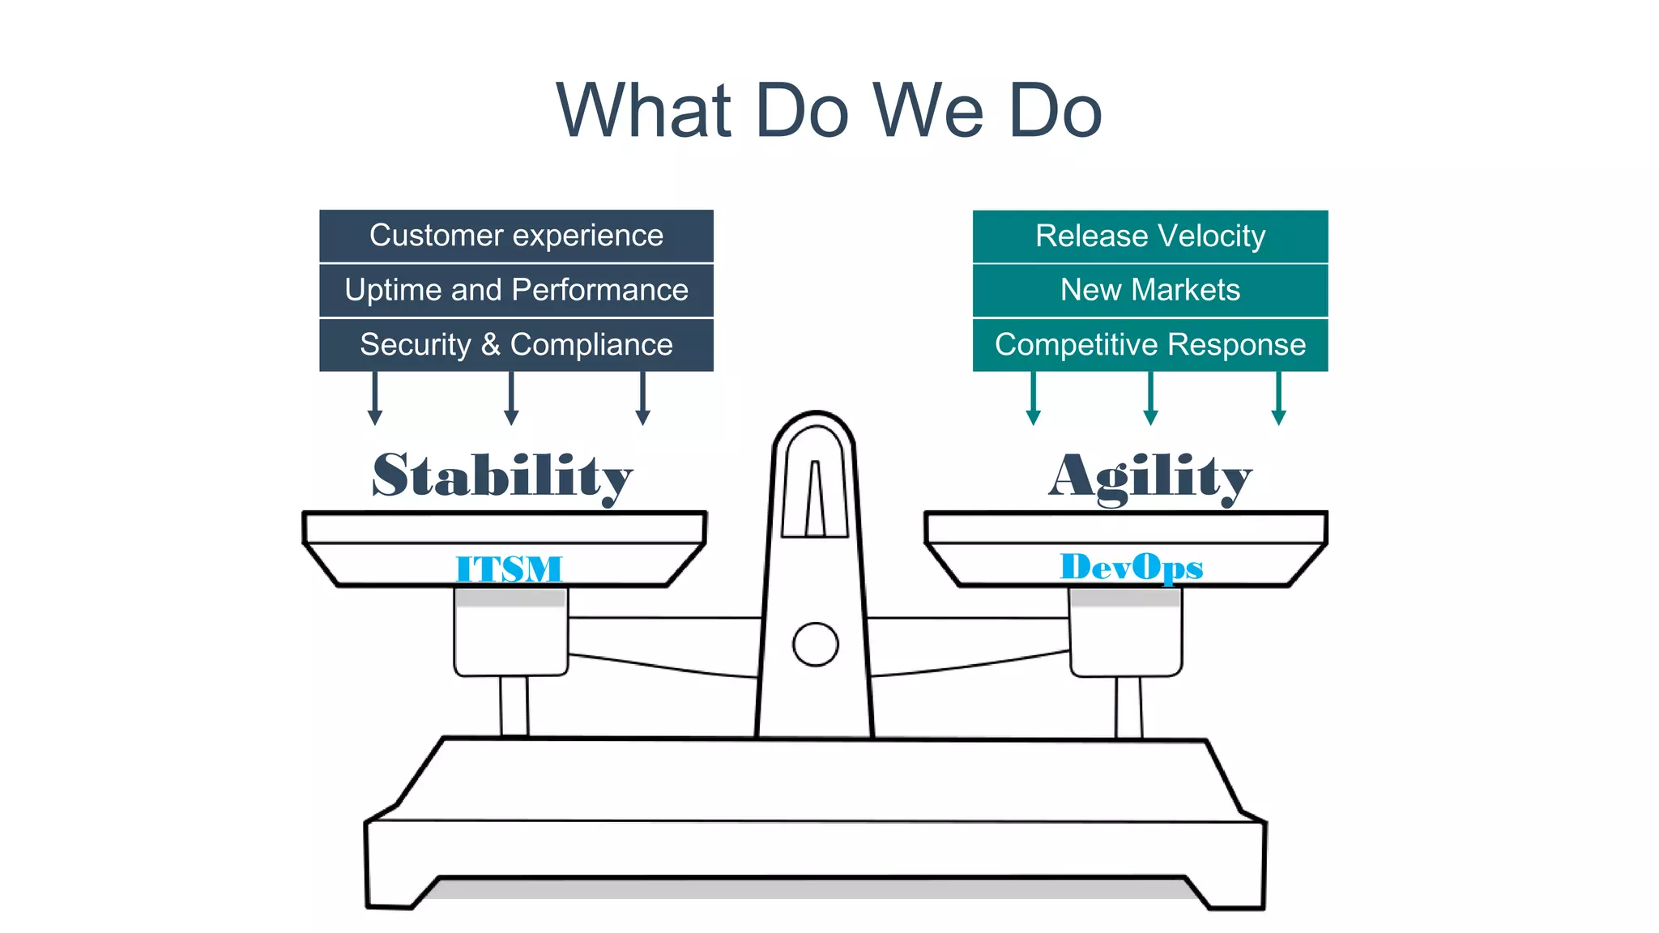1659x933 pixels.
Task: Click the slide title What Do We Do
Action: pyautogui.click(x=829, y=110)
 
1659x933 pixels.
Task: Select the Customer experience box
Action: pyautogui.click(x=516, y=236)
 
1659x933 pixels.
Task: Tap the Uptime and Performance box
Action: pyautogui.click(x=516, y=290)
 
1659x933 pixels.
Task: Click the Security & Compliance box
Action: pyautogui.click(x=516, y=345)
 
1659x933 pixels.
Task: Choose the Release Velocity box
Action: pyautogui.click(x=1149, y=236)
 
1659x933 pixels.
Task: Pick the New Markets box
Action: pyautogui.click(x=1149, y=290)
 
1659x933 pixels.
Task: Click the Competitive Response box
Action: pyautogui.click(x=1149, y=345)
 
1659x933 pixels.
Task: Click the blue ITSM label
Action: pyautogui.click(x=509, y=569)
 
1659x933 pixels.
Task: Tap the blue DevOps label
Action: pyautogui.click(x=1131, y=567)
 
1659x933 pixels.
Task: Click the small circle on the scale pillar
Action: pyautogui.click(x=815, y=645)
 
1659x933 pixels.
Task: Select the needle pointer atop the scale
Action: pyautogui.click(x=815, y=498)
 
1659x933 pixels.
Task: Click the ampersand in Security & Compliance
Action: pyautogui.click(x=490, y=345)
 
